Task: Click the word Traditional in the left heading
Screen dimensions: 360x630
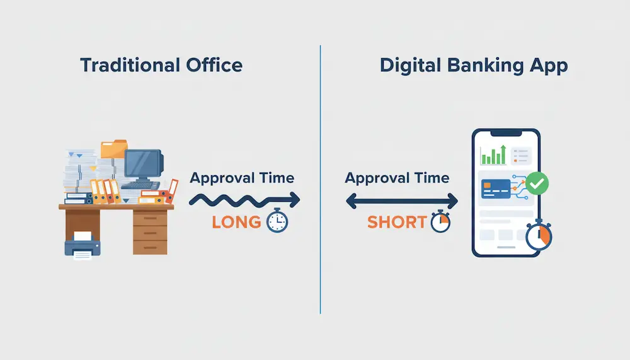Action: tap(126, 65)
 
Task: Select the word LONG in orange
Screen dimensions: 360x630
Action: tap(236, 222)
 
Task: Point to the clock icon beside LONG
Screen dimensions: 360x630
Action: tap(277, 221)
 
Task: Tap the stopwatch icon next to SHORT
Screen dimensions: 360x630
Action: tap(440, 222)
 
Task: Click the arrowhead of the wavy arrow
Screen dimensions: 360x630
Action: tap(294, 200)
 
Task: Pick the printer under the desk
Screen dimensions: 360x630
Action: tap(81, 243)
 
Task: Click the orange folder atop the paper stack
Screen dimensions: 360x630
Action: tap(113, 149)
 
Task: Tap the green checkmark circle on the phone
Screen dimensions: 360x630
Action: tap(537, 183)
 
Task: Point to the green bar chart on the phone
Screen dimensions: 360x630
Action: tap(493, 155)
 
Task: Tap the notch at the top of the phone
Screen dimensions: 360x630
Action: tap(507, 134)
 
